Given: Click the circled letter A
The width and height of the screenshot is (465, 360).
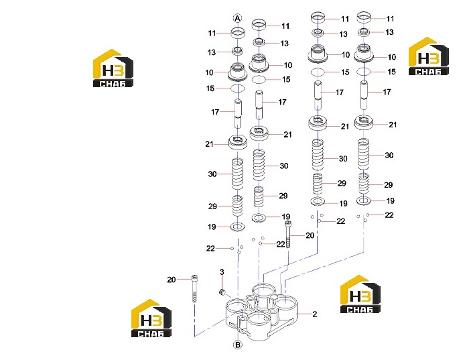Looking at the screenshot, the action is click(238, 18).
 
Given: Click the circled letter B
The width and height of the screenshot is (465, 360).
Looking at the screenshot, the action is click(238, 345).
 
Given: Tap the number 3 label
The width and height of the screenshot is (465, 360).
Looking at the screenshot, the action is click(222, 272).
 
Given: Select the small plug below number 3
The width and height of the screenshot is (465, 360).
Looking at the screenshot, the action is click(222, 292).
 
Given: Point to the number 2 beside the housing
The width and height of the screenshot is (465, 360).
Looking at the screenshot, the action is click(315, 314).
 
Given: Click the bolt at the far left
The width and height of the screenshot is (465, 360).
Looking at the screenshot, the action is click(194, 288).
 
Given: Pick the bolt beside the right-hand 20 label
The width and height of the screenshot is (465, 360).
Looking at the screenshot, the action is click(287, 235).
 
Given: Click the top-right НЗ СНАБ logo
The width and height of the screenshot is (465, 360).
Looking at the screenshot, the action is click(429, 56).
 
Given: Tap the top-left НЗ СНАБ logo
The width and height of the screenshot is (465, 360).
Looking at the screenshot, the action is click(113, 68).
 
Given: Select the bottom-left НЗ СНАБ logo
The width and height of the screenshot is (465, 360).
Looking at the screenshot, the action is click(151, 318).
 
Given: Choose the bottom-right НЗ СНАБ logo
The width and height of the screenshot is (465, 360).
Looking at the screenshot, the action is click(360, 294).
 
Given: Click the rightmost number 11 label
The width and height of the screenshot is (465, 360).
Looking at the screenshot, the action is click(390, 19).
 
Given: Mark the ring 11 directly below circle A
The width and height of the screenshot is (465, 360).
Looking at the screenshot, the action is click(238, 32).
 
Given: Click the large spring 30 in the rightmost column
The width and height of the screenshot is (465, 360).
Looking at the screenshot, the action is click(364, 154).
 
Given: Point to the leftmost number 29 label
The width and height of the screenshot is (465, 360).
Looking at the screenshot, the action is click(212, 206).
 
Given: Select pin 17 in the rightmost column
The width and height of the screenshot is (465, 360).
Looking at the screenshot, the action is click(364, 95).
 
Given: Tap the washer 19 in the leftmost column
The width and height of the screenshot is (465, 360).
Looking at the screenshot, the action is click(238, 227).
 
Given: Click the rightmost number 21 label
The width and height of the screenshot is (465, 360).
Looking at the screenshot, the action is click(393, 125).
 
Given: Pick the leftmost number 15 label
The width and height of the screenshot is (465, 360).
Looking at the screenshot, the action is click(210, 88).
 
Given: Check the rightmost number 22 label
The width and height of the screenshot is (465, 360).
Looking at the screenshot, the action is click(389, 215).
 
